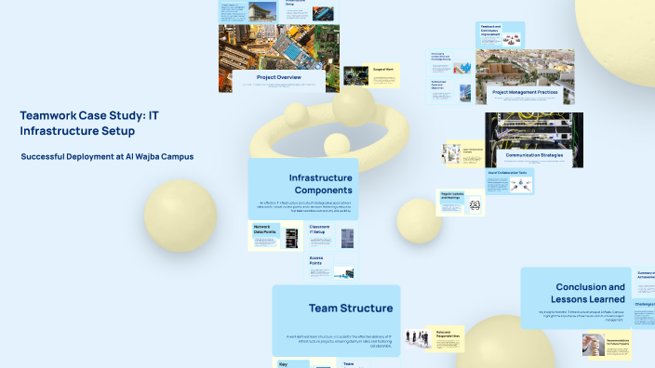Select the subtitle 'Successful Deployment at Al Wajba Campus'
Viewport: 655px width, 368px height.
click(107, 156)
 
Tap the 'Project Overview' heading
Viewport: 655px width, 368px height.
click(278, 77)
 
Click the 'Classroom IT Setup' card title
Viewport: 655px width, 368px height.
click(323, 229)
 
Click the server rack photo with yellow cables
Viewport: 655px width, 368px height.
click(533, 131)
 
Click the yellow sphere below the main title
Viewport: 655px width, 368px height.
click(180, 216)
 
